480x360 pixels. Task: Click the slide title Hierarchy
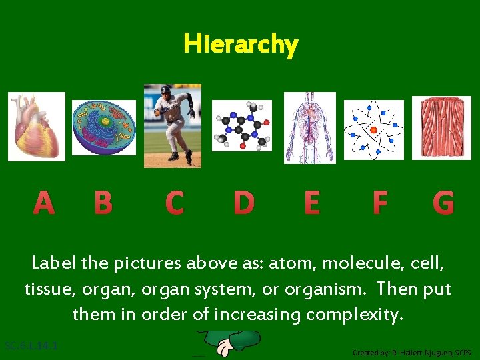click(x=241, y=45)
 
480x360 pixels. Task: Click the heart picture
click(x=37, y=127)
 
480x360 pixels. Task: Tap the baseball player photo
click(x=172, y=125)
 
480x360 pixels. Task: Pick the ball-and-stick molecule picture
click(x=242, y=125)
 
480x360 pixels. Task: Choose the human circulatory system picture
click(x=310, y=128)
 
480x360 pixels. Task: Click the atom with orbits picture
click(x=373, y=129)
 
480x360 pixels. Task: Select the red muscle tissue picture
click(x=441, y=128)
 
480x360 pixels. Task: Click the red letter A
click(x=43, y=203)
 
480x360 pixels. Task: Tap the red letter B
click(x=103, y=203)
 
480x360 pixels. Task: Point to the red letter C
click(x=174, y=203)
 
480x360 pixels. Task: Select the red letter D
click(x=243, y=203)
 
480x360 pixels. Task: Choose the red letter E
click(x=311, y=203)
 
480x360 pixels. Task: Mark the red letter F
click(x=379, y=203)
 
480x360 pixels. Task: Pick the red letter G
click(x=443, y=203)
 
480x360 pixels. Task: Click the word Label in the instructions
click(x=53, y=263)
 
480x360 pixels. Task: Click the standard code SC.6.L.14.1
click(x=31, y=346)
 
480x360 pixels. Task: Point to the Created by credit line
click(x=411, y=352)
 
